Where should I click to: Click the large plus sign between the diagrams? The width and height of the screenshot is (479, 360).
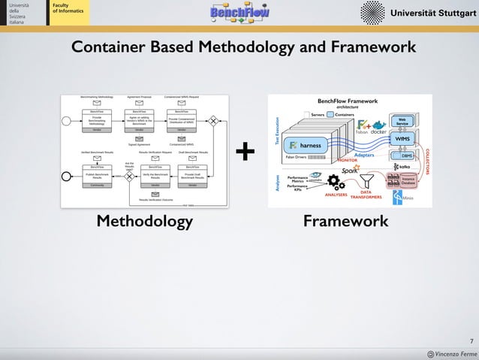[x=246, y=153]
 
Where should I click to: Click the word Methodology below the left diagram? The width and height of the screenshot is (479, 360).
[x=144, y=222]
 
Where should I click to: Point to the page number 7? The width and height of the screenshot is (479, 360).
[x=469, y=340]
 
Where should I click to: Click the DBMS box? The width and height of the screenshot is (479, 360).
[x=406, y=156]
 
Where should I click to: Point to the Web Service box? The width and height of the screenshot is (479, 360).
[x=402, y=122]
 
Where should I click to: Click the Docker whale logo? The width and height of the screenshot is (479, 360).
[x=378, y=125]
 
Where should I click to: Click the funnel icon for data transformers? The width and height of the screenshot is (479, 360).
[x=367, y=181]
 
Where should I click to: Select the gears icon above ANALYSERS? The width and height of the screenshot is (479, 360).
[x=336, y=184]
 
